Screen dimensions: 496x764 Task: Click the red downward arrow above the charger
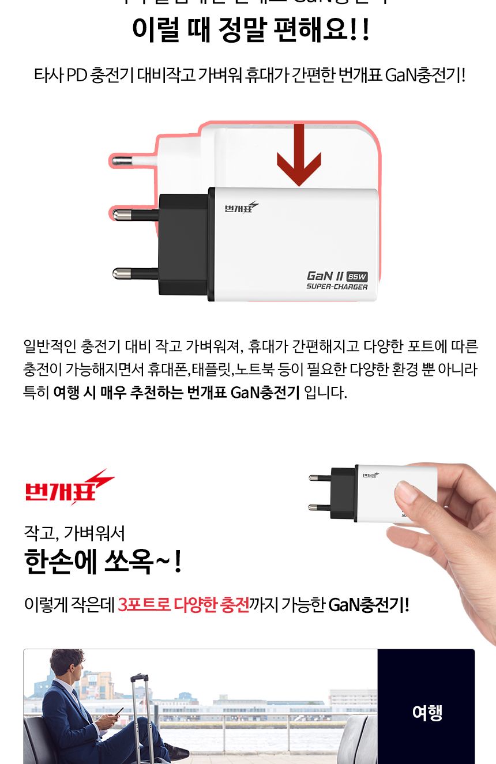(x=299, y=156)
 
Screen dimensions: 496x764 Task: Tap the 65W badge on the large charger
(x=358, y=276)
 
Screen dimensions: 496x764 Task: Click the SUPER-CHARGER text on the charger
(x=337, y=287)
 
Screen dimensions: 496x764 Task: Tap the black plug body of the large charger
(x=183, y=245)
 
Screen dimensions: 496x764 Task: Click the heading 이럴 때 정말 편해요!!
(x=250, y=30)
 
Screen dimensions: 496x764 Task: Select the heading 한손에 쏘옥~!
(x=103, y=562)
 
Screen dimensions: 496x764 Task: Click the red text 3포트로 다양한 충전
(x=183, y=605)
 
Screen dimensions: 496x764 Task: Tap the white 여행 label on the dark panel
(x=427, y=713)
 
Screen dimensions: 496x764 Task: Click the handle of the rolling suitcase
(x=139, y=679)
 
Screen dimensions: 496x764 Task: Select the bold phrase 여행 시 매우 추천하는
(x=118, y=393)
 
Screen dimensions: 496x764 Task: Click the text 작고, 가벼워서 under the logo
(x=74, y=532)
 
